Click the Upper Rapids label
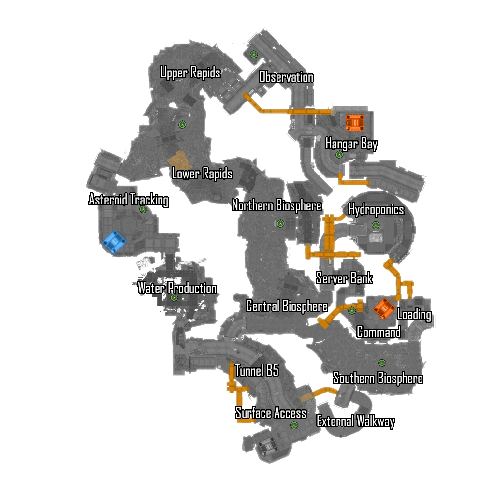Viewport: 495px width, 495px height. [190, 73]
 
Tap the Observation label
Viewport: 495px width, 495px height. [286, 77]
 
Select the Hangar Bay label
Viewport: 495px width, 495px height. [351, 144]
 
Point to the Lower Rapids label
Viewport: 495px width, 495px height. [202, 174]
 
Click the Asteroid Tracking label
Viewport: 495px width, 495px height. [129, 200]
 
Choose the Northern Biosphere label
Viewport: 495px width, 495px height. [277, 205]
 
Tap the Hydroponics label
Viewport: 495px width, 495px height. [376, 210]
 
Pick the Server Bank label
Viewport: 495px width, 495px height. [344, 278]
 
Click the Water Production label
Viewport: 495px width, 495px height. [177, 288]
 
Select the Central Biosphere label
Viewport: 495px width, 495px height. [287, 306]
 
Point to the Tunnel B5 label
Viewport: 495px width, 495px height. [257, 371]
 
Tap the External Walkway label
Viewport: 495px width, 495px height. [355, 421]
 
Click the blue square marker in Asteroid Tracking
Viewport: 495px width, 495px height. [114, 241]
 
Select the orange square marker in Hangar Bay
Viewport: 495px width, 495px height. [354, 122]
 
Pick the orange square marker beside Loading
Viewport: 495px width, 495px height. [384, 308]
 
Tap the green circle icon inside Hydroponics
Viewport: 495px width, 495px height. [376, 225]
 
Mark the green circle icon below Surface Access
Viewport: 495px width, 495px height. [293, 425]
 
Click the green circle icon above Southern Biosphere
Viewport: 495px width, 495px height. [382, 363]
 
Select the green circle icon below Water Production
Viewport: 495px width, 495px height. [174, 298]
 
